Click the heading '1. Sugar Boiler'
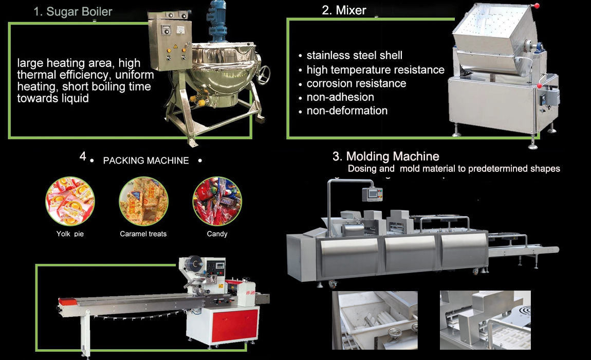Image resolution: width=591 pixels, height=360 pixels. (73, 12)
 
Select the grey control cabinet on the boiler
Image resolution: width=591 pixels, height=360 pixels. (170, 42)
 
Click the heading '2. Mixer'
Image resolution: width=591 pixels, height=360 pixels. (344, 10)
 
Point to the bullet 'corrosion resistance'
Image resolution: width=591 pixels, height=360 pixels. (356, 83)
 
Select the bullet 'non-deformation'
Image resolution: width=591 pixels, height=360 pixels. (347, 111)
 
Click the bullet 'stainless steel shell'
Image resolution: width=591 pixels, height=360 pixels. (354, 56)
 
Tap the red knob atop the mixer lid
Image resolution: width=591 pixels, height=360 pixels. (537, 6)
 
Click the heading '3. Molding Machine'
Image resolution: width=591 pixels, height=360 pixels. (385, 156)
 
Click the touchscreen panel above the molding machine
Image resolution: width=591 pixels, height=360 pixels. (373, 194)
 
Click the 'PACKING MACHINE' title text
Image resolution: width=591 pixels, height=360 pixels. (146, 161)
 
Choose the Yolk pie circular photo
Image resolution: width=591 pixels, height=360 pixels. (70, 201)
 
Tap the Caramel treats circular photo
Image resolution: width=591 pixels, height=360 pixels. (143, 201)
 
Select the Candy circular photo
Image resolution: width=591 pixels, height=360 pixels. (217, 201)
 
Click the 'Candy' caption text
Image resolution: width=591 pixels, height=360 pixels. (217, 234)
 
